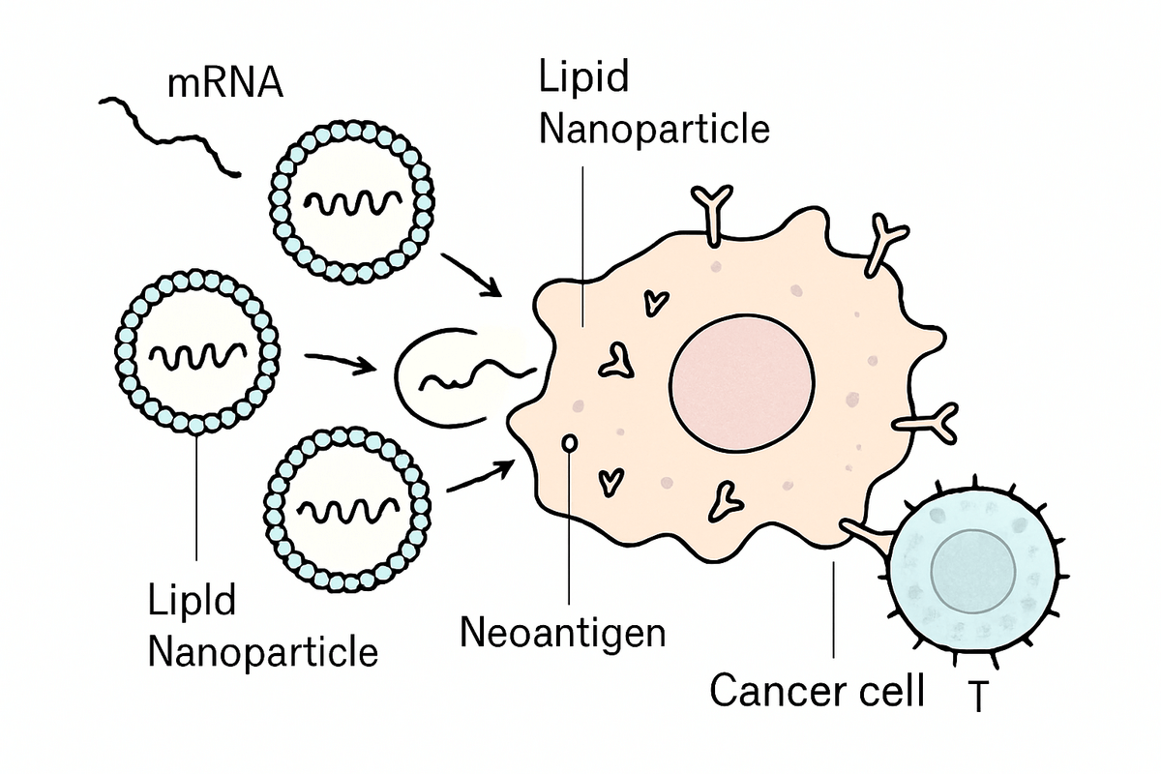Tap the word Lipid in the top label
583,77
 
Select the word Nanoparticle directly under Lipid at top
654,128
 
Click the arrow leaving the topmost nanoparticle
471,275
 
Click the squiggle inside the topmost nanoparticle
351,203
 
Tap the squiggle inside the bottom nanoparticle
349,506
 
